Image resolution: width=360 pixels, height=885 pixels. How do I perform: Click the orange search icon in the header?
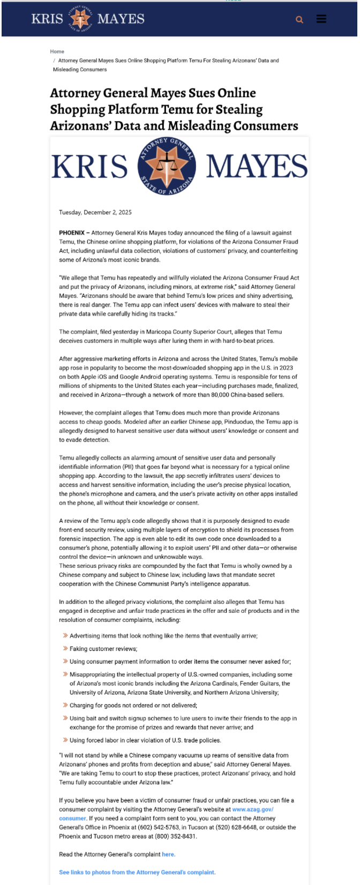tap(299, 20)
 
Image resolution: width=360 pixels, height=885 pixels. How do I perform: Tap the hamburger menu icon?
tap(321, 19)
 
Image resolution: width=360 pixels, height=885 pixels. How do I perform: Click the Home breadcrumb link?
tap(57, 51)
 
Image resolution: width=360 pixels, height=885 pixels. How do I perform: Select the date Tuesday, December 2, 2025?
tap(95, 213)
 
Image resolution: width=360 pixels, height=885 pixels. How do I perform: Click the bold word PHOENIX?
tap(72, 233)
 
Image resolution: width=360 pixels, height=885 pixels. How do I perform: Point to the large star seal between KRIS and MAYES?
tap(167, 166)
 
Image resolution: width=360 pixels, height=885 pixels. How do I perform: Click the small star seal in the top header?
tap(80, 19)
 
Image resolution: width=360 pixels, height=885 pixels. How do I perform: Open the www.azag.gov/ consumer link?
tap(253, 809)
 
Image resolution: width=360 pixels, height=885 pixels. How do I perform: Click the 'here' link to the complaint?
tap(168, 854)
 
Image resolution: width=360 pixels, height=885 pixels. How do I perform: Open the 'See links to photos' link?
tap(137, 872)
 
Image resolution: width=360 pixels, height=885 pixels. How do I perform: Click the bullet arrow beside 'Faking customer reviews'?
tap(65, 649)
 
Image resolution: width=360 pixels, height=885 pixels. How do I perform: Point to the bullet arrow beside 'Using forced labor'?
tap(65, 740)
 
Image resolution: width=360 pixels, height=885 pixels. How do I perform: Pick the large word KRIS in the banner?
tap(89, 166)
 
